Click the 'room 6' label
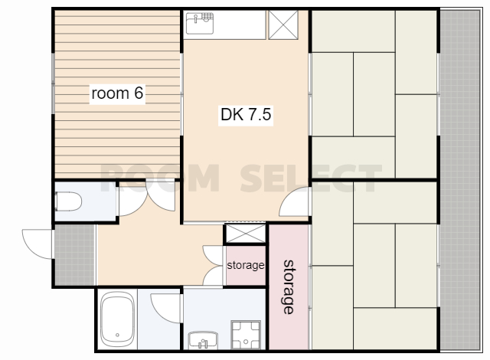(x=117, y=93)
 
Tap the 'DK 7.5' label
(x=246, y=114)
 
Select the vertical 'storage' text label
(x=289, y=286)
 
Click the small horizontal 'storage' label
(x=246, y=265)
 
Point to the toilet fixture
(x=68, y=201)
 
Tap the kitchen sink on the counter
(x=200, y=24)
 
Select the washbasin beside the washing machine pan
(x=203, y=340)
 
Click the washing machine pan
(x=246, y=335)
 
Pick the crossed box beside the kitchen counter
(x=283, y=25)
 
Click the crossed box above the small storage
(x=245, y=234)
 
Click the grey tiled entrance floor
(x=75, y=255)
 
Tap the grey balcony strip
(x=460, y=180)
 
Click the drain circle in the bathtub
(x=117, y=335)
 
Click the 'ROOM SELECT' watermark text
(x=240, y=178)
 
